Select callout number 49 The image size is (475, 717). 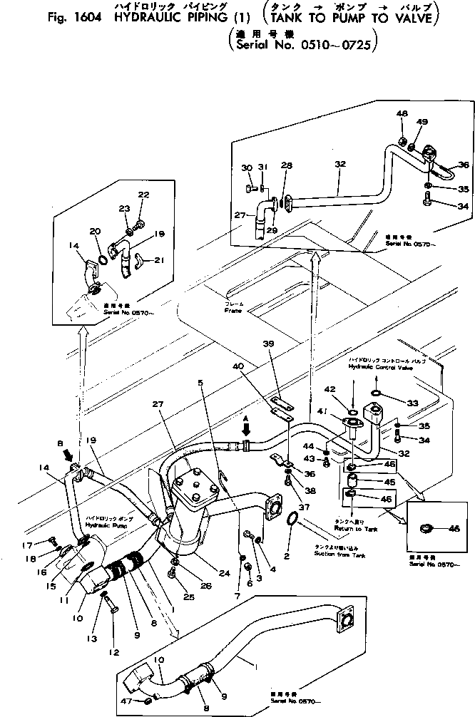coord(422,123)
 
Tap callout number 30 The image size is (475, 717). coord(247,167)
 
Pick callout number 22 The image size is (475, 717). coord(143,195)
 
